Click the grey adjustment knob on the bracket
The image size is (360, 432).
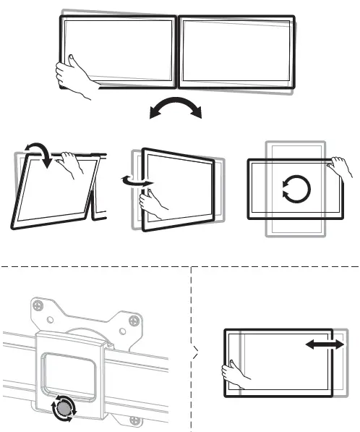[64, 410]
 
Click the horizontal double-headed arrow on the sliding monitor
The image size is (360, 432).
[325, 347]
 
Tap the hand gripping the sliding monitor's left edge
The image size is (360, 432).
[235, 373]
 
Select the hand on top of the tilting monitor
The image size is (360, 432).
[72, 166]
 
